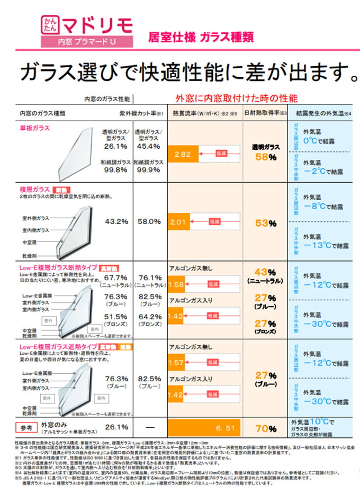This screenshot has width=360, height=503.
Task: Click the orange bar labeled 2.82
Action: [183, 154]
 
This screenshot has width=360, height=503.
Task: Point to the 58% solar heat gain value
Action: [265, 157]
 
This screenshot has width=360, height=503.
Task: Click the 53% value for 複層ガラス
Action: [265, 223]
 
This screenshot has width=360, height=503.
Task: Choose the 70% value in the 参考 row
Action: [265, 428]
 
